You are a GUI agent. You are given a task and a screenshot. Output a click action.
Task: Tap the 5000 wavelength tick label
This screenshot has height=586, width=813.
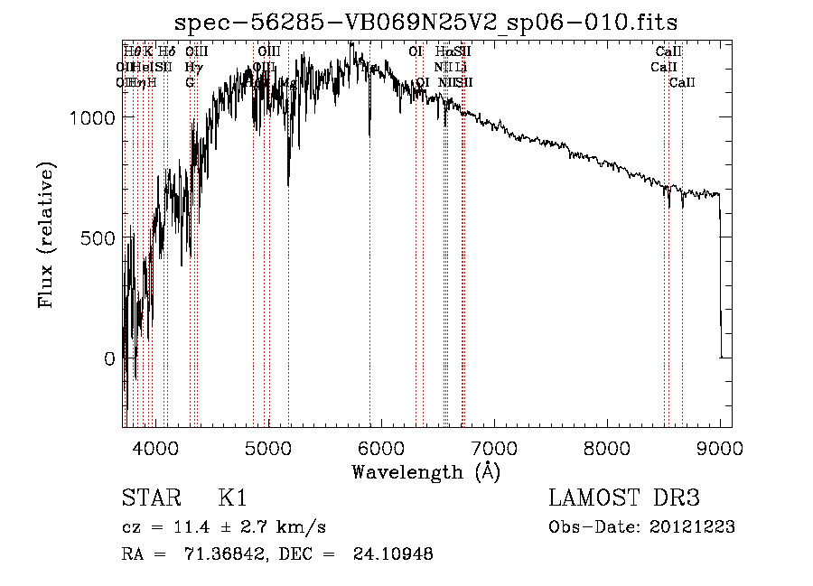click(x=267, y=448)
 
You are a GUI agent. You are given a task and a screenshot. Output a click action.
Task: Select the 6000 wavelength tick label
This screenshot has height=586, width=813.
click(x=381, y=448)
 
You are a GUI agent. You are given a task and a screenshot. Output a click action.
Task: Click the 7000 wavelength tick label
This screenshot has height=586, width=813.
click(x=494, y=448)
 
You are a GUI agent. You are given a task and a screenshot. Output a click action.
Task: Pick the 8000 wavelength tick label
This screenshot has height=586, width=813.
click(x=607, y=448)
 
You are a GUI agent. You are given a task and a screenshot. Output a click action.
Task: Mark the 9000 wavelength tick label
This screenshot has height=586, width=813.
click(x=720, y=448)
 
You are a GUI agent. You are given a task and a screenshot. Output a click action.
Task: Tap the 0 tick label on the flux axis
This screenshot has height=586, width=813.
click(x=109, y=358)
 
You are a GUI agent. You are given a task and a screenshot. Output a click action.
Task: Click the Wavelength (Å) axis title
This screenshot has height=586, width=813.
click(x=425, y=471)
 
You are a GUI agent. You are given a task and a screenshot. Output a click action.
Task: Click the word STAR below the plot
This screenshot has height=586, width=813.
click(x=149, y=498)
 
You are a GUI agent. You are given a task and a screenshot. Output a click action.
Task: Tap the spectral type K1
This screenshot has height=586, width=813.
click(x=232, y=498)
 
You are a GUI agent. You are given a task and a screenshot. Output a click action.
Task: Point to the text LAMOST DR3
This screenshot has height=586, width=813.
click(x=624, y=498)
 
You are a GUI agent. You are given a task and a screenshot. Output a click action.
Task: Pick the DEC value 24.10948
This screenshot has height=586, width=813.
click(x=397, y=554)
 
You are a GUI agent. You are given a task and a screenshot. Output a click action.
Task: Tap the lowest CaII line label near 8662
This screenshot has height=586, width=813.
click(x=682, y=83)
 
